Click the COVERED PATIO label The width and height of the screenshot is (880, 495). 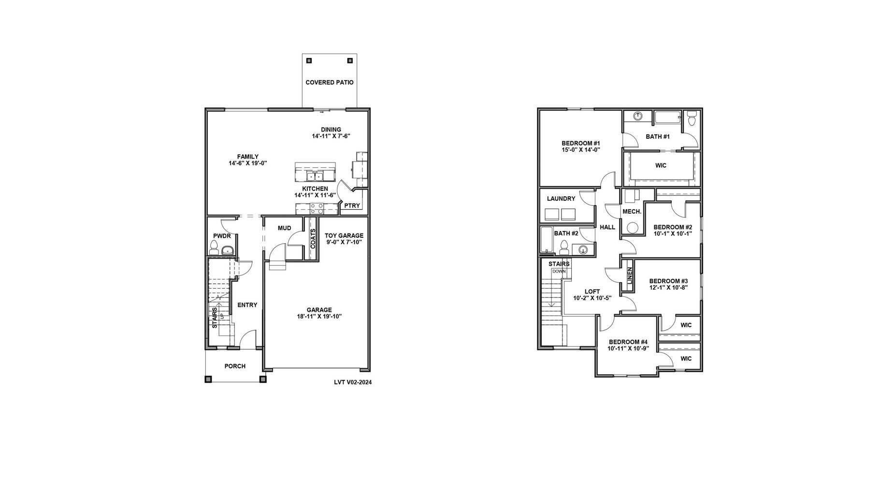pyautogui.click(x=329, y=83)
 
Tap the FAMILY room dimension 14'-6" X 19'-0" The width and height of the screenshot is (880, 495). pyautogui.click(x=248, y=163)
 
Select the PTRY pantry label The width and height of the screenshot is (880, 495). pyautogui.click(x=352, y=206)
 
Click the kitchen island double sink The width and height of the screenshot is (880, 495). pyautogui.click(x=315, y=175)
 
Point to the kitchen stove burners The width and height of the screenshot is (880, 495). pyautogui.click(x=317, y=208)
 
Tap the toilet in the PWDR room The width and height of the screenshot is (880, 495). pyautogui.click(x=214, y=248)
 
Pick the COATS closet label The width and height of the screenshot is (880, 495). pyautogui.click(x=313, y=239)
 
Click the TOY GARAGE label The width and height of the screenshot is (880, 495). pyautogui.click(x=344, y=236)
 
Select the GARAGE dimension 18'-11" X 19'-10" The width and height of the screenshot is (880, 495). pyautogui.click(x=319, y=317)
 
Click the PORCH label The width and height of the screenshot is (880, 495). pyautogui.click(x=235, y=366)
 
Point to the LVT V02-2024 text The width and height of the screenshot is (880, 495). pyautogui.click(x=353, y=382)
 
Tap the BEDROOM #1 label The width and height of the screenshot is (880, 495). pyautogui.click(x=580, y=144)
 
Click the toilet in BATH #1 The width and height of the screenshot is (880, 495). pyautogui.click(x=692, y=118)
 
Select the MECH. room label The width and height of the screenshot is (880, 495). pyautogui.click(x=632, y=212)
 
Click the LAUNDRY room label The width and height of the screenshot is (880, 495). pyautogui.click(x=561, y=199)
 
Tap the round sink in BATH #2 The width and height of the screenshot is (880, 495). pyautogui.click(x=583, y=250)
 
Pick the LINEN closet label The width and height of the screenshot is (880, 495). pyautogui.click(x=629, y=276)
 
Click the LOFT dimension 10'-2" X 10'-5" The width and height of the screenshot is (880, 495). pyautogui.click(x=592, y=298)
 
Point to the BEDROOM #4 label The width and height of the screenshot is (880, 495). pyautogui.click(x=628, y=342)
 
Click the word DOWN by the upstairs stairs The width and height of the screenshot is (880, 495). pyautogui.click(x=559, y=272)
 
